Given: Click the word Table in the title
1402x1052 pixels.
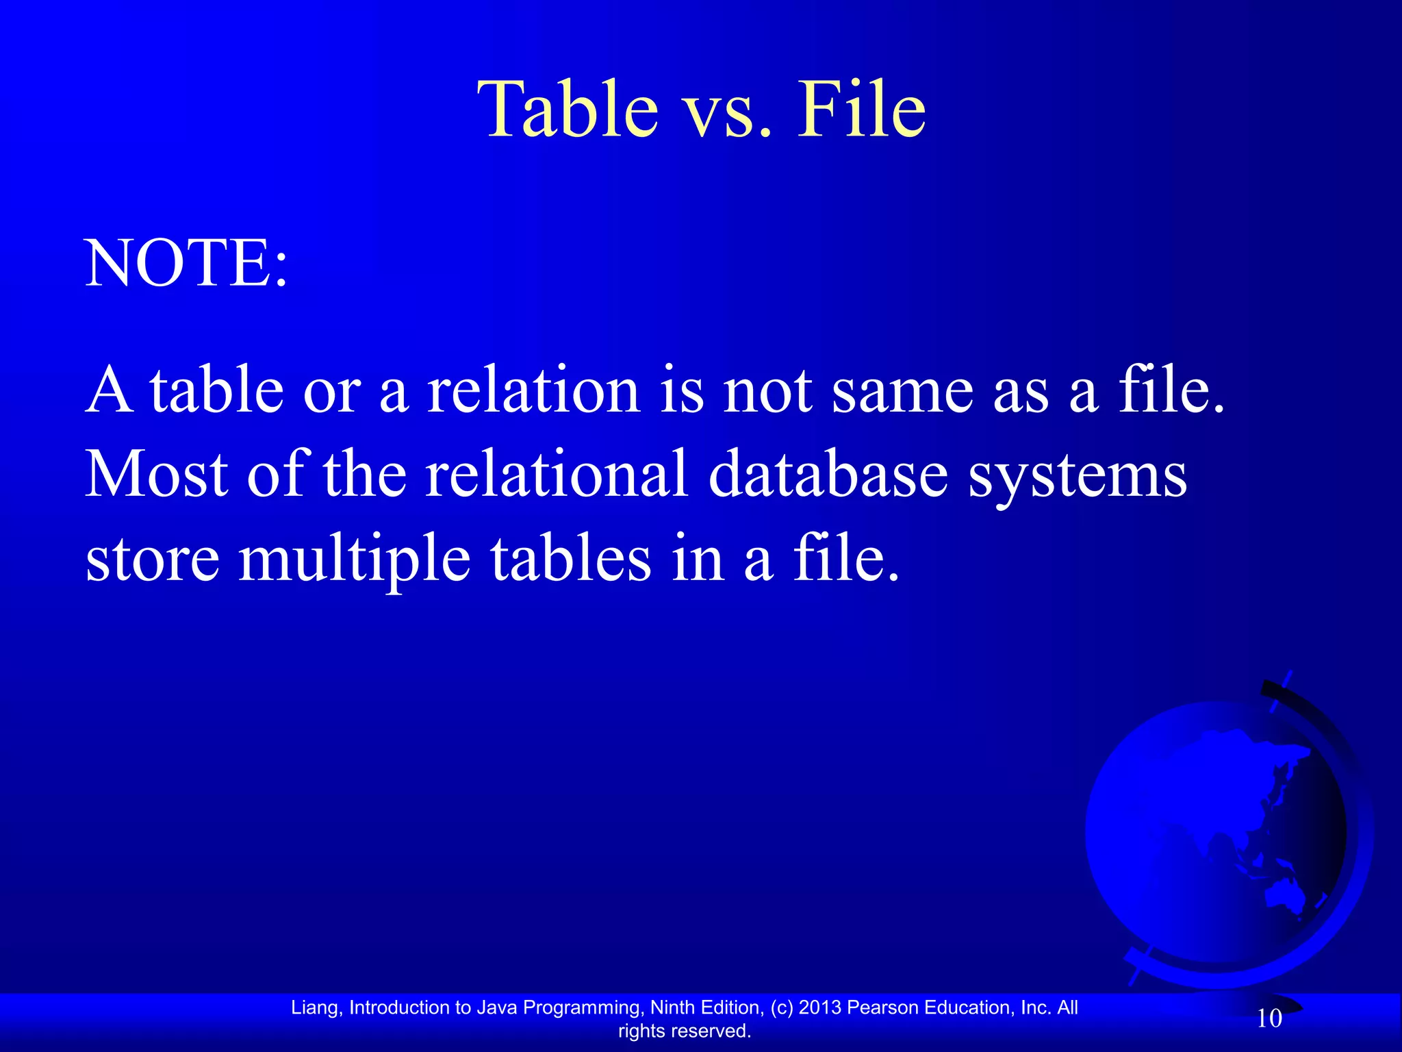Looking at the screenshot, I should pos(568,110).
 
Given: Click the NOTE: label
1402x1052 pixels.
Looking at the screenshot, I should pos(186,264).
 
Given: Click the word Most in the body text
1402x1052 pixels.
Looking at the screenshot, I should pos(156,474).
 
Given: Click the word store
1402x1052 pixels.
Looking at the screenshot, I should pos(152,558).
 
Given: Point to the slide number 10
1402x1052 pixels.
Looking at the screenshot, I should pos(1269,1018).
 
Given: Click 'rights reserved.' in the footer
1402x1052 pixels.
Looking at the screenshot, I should pos(685,1031).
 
